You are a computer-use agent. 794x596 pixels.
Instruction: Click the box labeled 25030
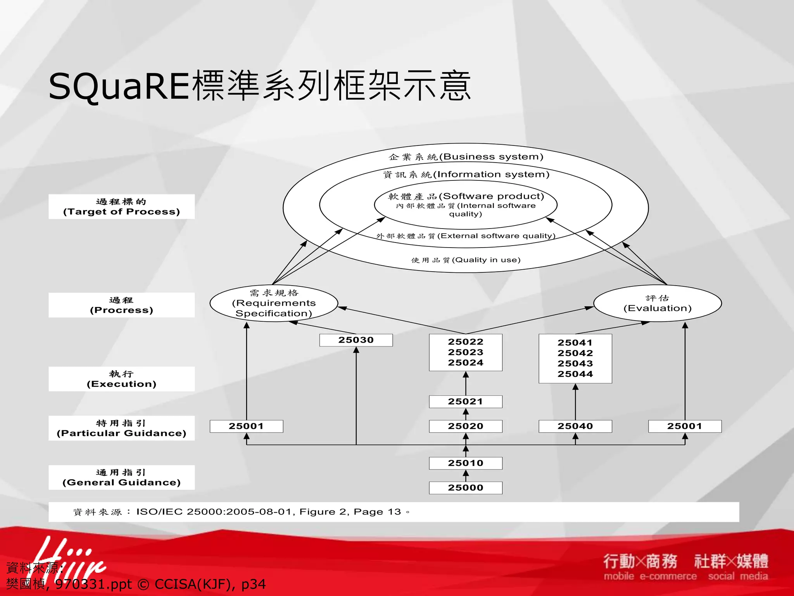click(356, 340)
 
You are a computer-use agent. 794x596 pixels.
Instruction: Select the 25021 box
click(465, 402)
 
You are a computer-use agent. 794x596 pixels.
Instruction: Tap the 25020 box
click(465, 426)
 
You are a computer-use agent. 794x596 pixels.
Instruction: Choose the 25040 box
click(575, 426)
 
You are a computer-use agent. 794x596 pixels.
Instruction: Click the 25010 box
click(465, 463)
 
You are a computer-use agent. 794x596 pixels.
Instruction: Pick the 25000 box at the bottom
click(465, 488)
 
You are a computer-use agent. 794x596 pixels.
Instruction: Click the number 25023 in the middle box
click(465, 352)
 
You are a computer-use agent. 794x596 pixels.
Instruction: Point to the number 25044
click(575, 374)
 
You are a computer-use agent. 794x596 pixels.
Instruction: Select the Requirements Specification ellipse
click(274, 303)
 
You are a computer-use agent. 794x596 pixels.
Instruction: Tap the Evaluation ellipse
click(658, 303)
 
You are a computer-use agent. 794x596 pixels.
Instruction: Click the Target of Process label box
click(121, 207)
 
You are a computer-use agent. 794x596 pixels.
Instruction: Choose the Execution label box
click(121, 379)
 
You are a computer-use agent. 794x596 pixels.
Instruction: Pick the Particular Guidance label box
click(121, 428)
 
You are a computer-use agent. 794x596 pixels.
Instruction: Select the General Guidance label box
click(121, 478)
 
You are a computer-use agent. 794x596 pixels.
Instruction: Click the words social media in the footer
click(738, 576)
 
